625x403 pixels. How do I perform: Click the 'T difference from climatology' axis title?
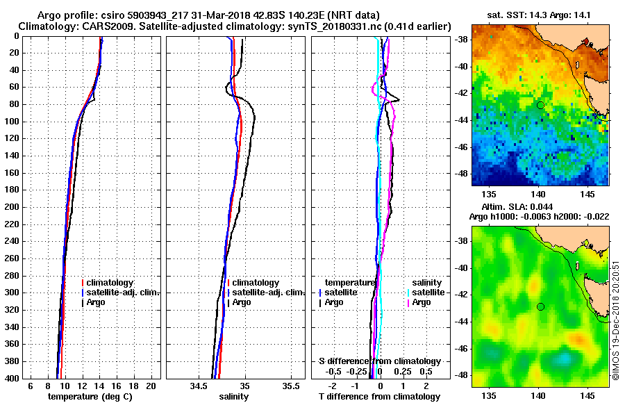pyautogui.click(x=379, y=397)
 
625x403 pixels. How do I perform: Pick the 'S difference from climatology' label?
pyautogui.click(x=379, y=361)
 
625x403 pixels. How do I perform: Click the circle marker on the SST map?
pyautogui.click(x=540, y=105)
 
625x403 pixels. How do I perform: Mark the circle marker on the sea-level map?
pyautogui.click(x=540, y=306)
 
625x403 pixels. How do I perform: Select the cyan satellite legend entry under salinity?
pyautogui.click(x=426, y=293)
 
